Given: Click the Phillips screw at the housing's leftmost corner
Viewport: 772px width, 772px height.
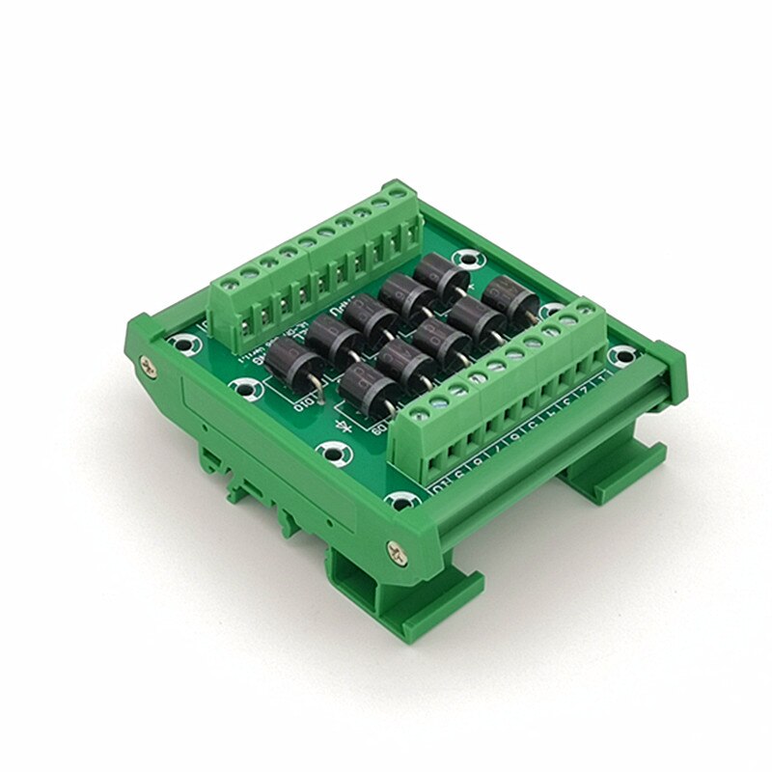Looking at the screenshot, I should (148, 365).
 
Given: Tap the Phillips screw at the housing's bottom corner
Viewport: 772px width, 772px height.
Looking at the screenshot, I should (397, 549).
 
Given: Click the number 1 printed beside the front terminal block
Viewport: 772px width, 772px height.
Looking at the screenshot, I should (604, 379).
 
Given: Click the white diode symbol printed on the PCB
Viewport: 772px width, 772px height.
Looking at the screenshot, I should (341, 426).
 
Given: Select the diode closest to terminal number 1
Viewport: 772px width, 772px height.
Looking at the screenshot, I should (510, 296).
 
